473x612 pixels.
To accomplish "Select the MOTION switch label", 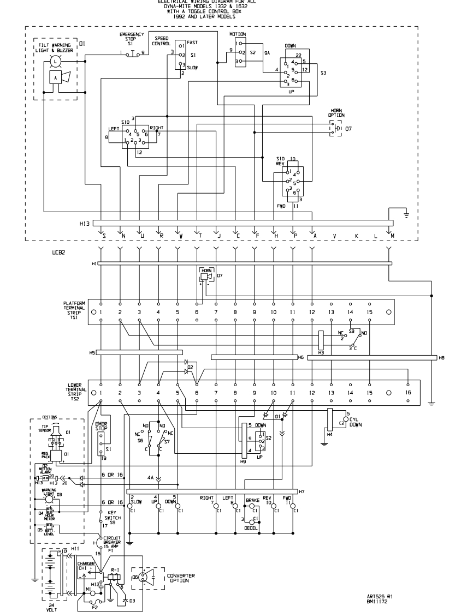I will click(237, 34).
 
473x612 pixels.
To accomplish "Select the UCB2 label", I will click(58, 253).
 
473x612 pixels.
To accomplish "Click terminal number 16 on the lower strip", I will click(407, 392).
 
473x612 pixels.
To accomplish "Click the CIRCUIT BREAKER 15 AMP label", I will click(115, 541).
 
